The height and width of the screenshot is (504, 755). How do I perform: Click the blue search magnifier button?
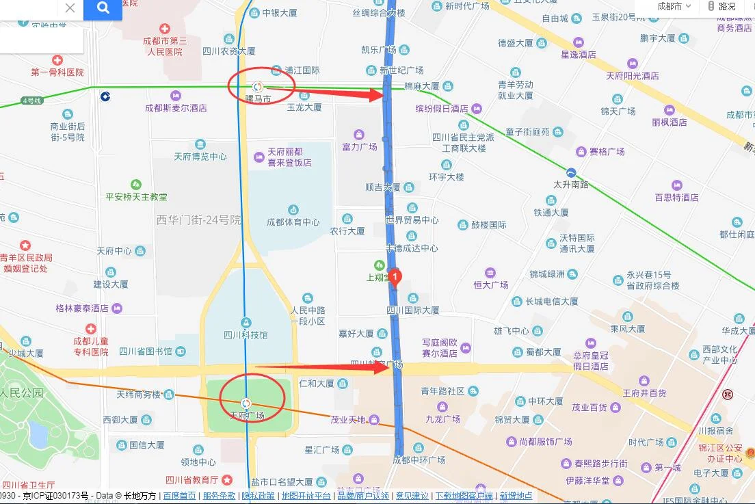103,9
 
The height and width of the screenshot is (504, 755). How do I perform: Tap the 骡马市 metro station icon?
258,87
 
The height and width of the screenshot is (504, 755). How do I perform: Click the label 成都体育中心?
293,222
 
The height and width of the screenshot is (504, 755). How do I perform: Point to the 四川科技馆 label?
246,334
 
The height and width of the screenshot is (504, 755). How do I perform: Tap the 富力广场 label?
360,146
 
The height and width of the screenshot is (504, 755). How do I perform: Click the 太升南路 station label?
571,184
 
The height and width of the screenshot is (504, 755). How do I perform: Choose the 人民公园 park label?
22,393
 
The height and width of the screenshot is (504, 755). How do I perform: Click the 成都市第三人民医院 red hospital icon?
164,29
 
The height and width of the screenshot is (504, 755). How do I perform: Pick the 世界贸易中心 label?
412,220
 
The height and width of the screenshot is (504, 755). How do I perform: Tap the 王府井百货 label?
644,393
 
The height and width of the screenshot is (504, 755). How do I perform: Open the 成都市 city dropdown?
674,7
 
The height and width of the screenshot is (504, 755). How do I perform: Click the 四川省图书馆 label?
146,352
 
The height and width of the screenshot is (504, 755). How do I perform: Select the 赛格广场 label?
607,151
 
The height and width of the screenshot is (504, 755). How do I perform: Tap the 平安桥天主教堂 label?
136,196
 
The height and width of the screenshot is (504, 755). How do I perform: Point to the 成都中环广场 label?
419,460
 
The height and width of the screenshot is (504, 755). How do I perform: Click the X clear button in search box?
70,8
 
